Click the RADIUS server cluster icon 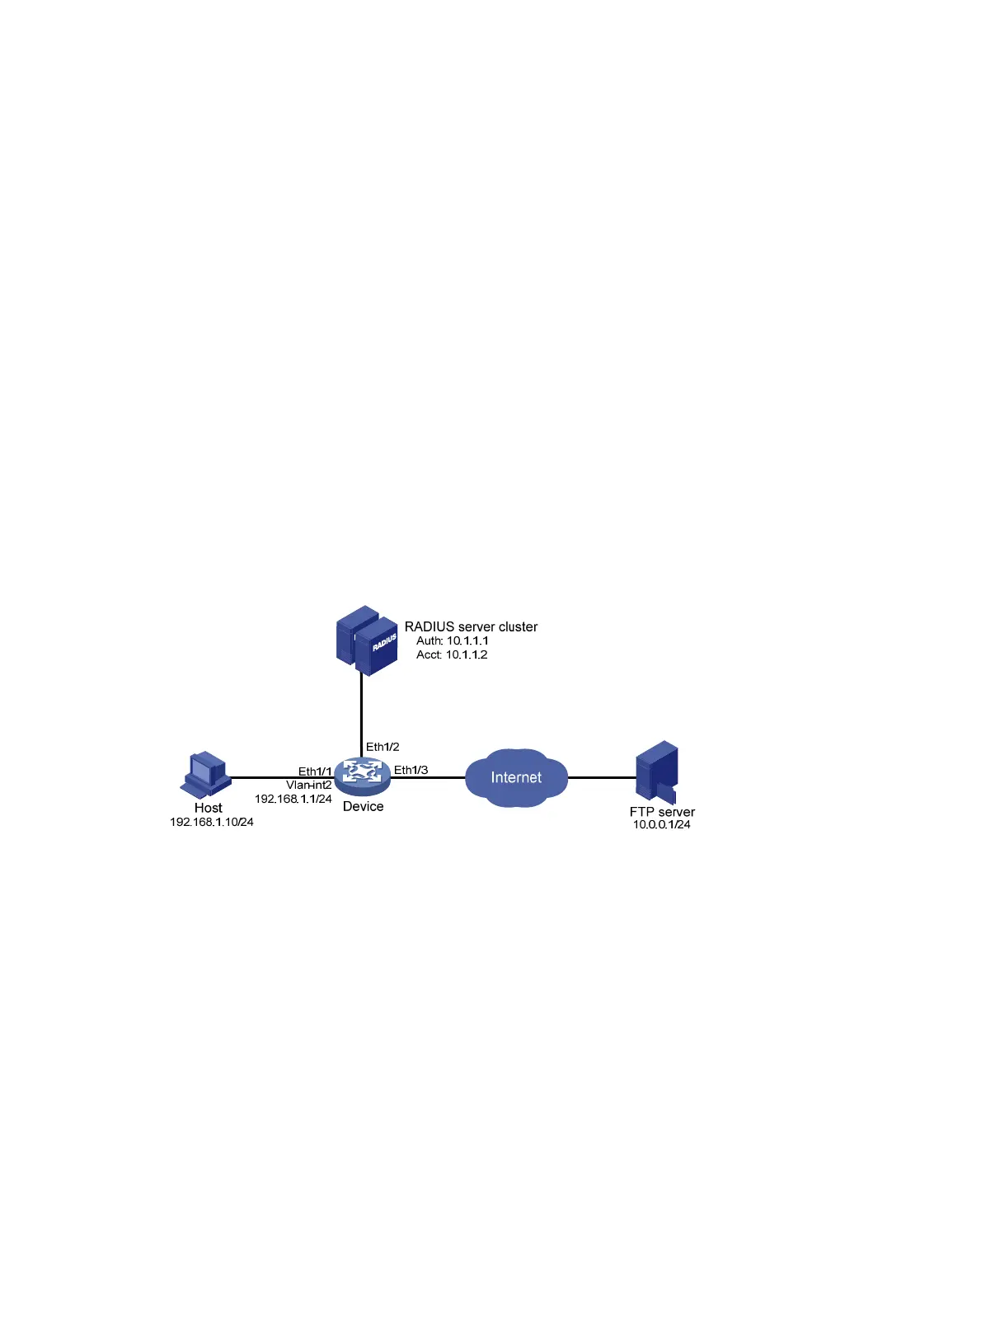point(367,640)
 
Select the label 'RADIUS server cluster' point(471,626)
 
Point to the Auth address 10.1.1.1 point(467,640)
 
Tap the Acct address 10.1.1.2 point(467,654)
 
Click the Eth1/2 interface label point(383,747)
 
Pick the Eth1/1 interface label point(315,772)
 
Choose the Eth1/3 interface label point(411,770)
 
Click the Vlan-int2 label point(309,785)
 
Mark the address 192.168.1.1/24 point(293,799)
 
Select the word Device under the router point(364,806)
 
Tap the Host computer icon point(205,774)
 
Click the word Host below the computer point(209,808)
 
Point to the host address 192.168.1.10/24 point(212,822)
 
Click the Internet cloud point(516,777)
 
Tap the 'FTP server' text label point(662,812)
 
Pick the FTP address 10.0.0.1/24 point(662,824)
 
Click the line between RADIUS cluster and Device point(361,713)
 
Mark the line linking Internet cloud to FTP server point(602,777)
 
